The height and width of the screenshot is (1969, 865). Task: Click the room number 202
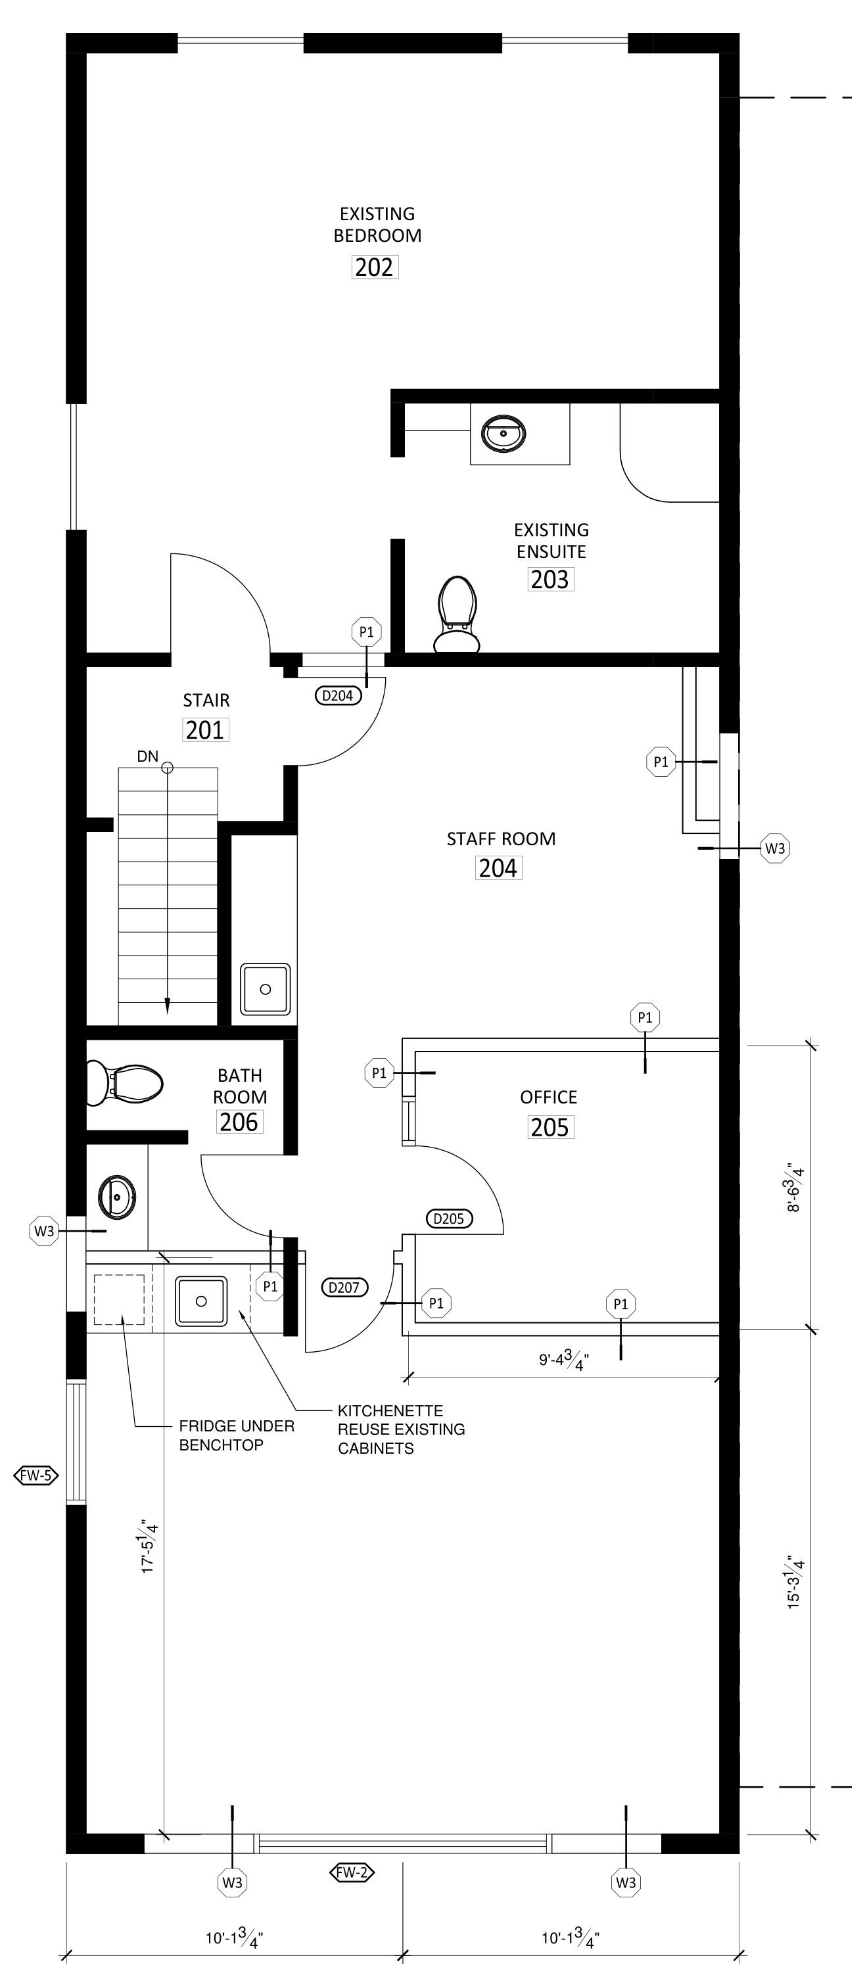point(375,267)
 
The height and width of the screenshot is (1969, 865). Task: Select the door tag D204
point(338,695)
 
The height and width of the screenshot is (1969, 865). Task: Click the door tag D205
point(448,1218)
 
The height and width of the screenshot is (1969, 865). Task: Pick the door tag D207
point(344,1287)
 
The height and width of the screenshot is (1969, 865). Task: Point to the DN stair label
point(147,756)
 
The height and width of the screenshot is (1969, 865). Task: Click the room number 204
point(498,868)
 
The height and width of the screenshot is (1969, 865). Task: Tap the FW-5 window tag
point(37,1475)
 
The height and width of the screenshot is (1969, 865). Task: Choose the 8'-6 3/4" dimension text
point(794,1189)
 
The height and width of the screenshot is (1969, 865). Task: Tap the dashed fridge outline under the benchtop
point(119,1299)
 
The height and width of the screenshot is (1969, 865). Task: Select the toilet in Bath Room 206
point(124,1082)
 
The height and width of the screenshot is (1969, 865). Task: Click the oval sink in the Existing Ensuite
point(503,433)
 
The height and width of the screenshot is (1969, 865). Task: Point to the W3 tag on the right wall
point(775,848)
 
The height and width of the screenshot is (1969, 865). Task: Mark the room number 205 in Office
point(550,1127)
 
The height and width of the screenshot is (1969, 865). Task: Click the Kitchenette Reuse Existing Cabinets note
point(401,1429)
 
